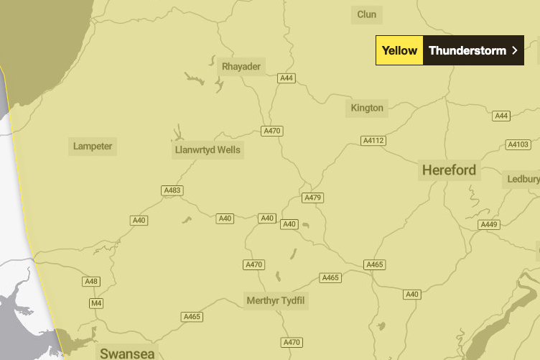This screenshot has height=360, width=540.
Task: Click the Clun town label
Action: [x=366, y=14]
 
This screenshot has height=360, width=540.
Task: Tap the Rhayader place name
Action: [x=241, y=67]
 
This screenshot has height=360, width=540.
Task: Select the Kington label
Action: [x=367, y=109]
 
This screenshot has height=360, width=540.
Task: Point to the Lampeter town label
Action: [x=93, y=147]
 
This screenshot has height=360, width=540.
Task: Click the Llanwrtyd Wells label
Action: [x=208, y=151]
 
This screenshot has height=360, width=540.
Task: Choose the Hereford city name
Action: [x=449, y=170]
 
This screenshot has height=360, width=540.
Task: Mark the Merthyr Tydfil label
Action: [x=276, y=300]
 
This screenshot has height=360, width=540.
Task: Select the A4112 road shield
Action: [x=373, y=140]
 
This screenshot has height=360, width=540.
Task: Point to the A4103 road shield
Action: [x=518, y=144]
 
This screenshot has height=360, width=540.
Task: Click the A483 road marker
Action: [x=172, y=190]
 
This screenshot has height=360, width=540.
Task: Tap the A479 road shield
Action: [x=312, y=198]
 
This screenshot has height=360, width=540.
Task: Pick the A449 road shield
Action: [x=488, y=225]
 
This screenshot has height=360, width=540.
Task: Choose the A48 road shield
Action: [x=91, y=281]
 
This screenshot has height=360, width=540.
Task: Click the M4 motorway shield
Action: [x=96, y=303]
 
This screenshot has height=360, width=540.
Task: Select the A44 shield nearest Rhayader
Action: [x=287, y=78]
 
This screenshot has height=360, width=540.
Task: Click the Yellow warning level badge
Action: [x=399, y=50]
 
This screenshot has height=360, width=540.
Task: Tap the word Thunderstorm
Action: [x=467, y=50]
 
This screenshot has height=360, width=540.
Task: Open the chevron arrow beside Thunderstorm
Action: [x=514, y=50]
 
